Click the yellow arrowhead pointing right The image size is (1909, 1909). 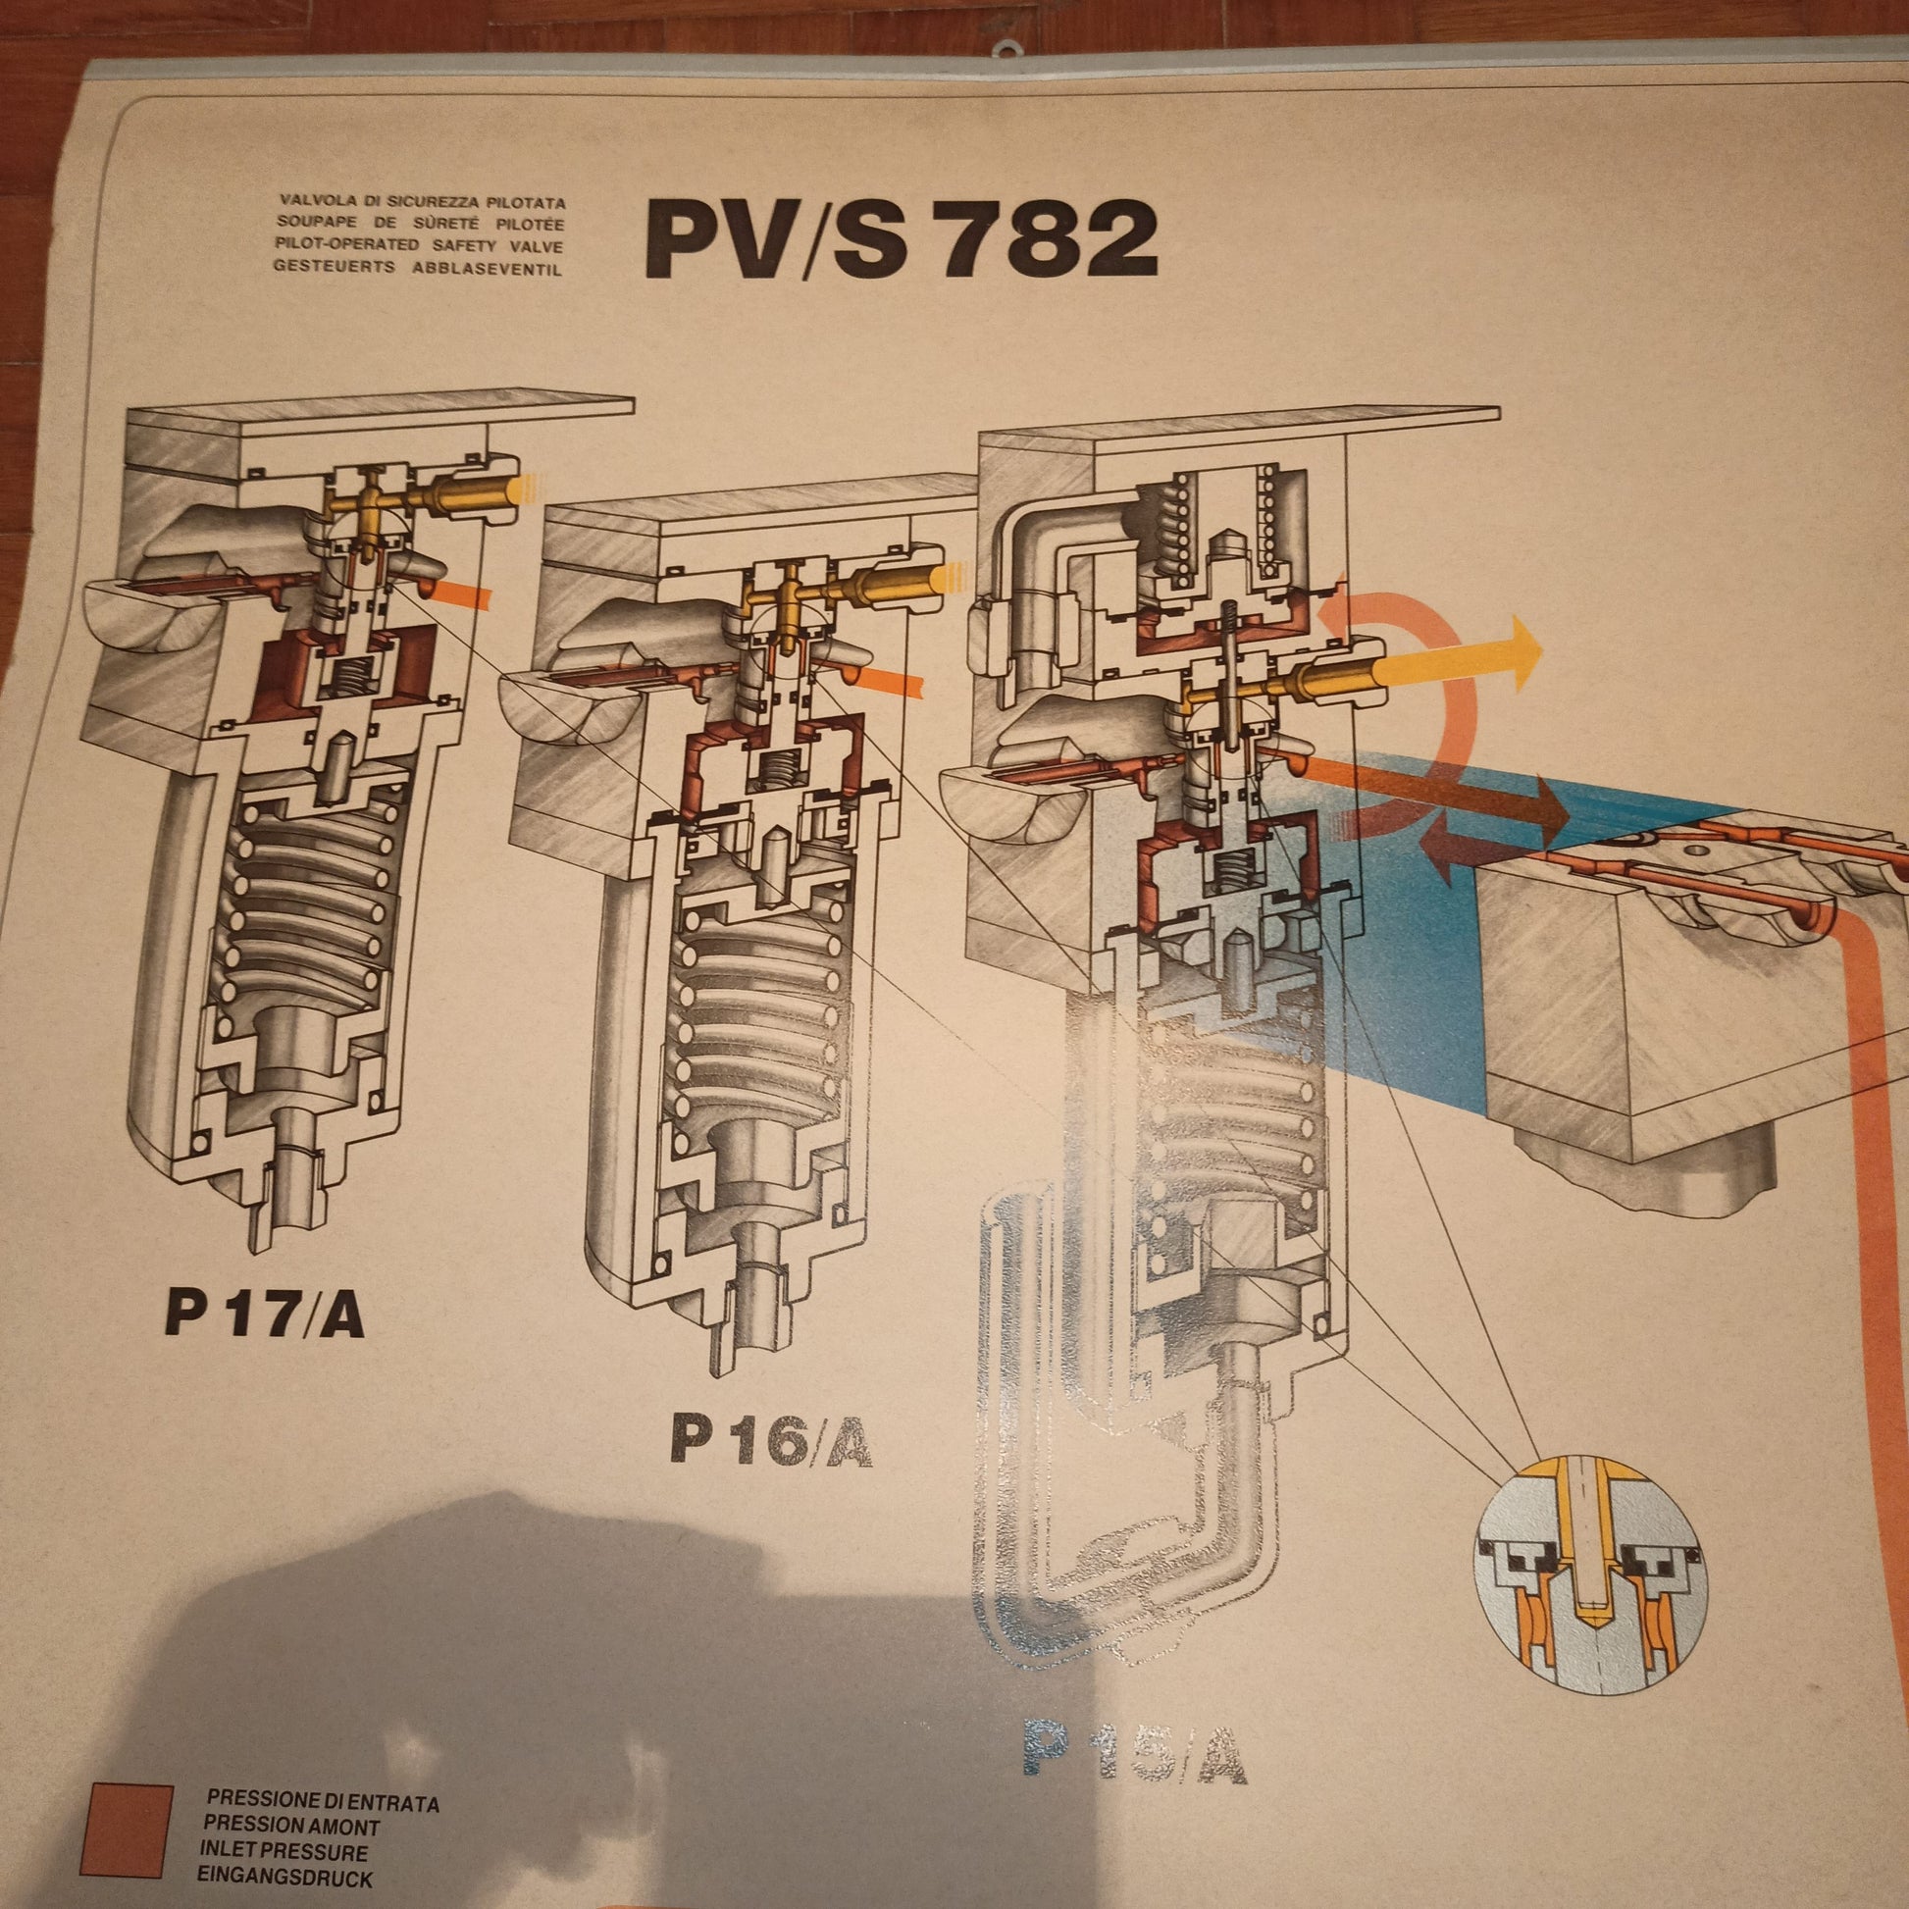[1522, 647]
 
